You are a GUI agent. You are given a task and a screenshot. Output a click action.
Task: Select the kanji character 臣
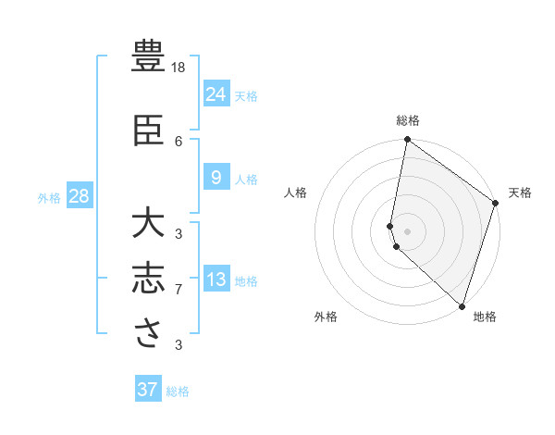[149, 131]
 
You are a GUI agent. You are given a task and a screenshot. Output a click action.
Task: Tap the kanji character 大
[149, 224]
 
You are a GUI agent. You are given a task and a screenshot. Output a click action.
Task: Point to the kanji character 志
[149, 280]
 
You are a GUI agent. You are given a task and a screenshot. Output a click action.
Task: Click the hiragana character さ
[149, 335]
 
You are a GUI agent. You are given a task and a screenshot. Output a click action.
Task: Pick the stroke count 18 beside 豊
[179, 68]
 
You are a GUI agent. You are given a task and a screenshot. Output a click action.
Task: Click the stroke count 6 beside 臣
[179, 141]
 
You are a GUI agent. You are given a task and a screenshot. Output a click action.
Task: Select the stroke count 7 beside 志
[179, 290]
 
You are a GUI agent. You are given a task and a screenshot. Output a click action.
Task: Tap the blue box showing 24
[216, 93]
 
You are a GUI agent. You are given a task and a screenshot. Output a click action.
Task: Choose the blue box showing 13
[216, 279]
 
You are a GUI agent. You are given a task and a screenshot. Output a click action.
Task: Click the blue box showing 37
[148, 390]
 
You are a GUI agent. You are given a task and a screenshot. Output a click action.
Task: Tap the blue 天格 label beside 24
[246, 95]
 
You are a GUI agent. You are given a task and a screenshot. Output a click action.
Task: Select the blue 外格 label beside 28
[49, 197]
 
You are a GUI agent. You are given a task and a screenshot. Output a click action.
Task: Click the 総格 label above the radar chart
[408, 120]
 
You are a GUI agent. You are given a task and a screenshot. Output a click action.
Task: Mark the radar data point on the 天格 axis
[496, 204]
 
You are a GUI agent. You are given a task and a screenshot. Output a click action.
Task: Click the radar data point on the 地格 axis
[462, 306]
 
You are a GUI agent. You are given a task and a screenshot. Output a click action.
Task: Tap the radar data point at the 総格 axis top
[407, 140]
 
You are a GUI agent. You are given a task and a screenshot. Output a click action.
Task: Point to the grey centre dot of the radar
[407, 230]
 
